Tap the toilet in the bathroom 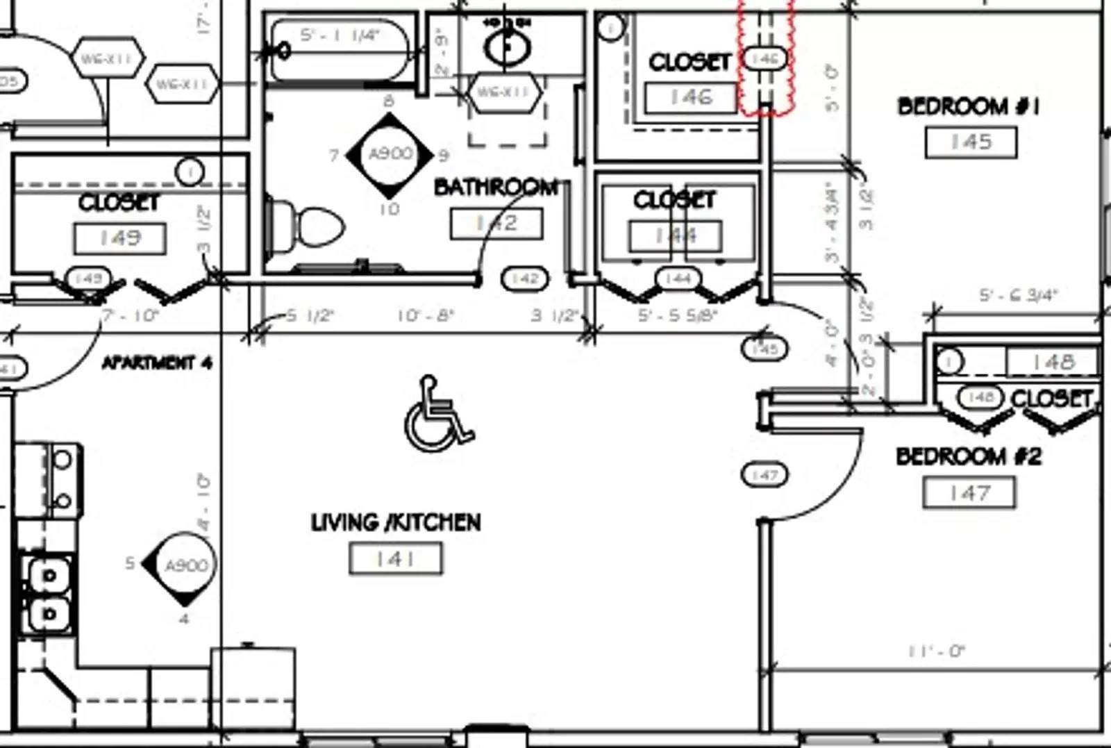[x=309, y=226]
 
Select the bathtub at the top [x=339, y=50]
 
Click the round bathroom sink [x=507, y=47]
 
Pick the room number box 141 [x=395, y=558]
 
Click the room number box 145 [x=971, y=142]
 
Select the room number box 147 [x=969, y=493]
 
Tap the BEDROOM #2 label [x=969, y=456]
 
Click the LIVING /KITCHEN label [x=395, y=522]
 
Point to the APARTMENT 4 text [x=157, y=363]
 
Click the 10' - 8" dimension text [x=425, y=316]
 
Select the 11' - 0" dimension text [x=936, y=651]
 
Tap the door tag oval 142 [x=525, y=279]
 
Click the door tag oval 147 [x=765, y=475]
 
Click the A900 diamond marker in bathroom [x=390, y=154]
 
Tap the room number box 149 [x=120, y=238]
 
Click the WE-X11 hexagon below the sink [x=504, y=92]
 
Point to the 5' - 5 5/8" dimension [x=677, y=316]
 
